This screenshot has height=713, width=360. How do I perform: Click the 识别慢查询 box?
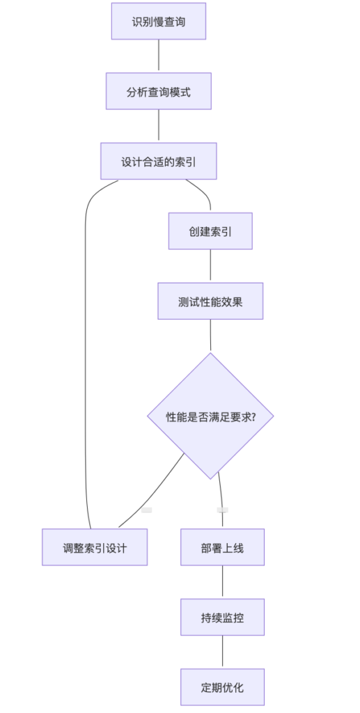coord(159,21)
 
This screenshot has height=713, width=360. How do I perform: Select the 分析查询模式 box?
coord(159,91)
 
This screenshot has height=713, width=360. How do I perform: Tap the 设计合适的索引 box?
coord(159,161)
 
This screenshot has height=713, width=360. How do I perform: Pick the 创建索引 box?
coord(210,231)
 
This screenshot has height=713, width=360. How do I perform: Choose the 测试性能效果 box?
coord(210,301)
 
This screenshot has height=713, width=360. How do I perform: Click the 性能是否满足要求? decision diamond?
coord(210,416)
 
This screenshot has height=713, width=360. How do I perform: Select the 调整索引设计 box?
coord(95,547)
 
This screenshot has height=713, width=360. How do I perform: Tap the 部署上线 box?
coord(222,547)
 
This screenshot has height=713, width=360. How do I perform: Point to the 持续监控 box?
coord(222,617)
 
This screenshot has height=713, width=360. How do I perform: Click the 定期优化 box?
coord(222,687)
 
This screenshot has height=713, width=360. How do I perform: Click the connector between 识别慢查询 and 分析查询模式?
coord(159,56)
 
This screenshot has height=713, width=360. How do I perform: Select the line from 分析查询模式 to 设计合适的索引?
coord(159,126)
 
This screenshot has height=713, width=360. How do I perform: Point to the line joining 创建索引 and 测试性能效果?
coord(210,266)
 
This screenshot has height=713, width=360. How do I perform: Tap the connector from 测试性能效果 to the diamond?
coord(210,336)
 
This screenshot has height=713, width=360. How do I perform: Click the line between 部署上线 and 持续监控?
coord(222,582)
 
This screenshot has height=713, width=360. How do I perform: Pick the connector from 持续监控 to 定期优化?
coord(222,652)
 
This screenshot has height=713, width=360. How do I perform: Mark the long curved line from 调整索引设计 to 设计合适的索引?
coord(86,354)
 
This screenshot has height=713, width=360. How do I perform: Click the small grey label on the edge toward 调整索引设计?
coord(146,510)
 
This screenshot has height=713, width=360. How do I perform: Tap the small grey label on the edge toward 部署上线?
coord(222,510)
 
